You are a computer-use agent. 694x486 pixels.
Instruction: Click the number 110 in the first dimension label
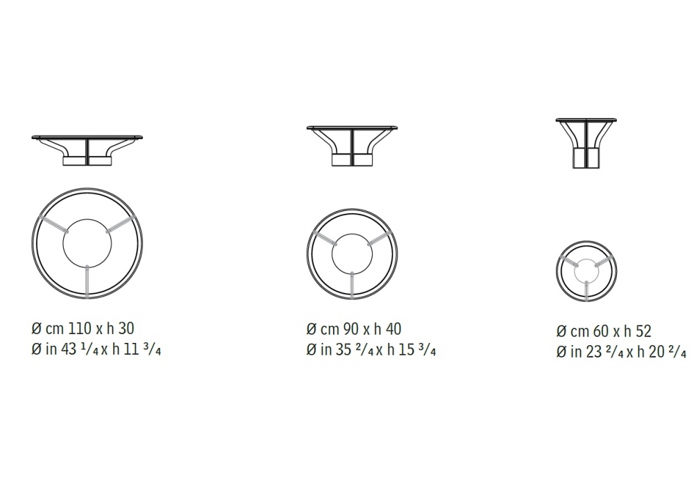click(x=79, y=328)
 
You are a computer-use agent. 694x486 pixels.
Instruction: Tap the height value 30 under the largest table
click(x=126, y=328)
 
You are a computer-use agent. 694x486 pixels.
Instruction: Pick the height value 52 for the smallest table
click(x=643, y=330)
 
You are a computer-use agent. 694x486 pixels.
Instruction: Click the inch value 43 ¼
click(x=80, y=350)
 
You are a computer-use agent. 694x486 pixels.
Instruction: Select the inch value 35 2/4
click(x=355, y=350)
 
